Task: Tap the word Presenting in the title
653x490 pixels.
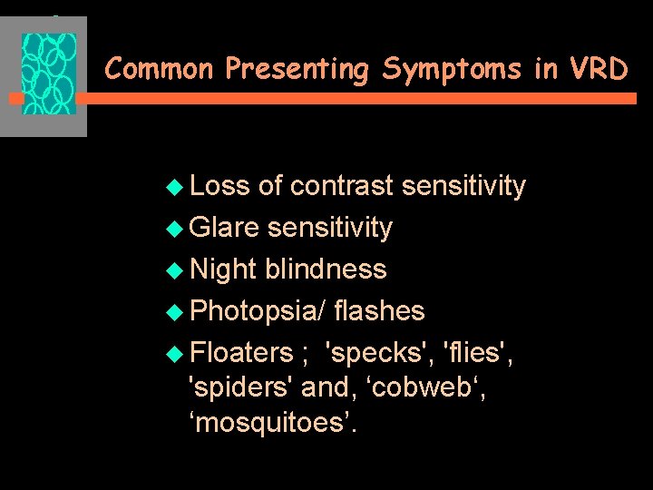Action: pyautogui.click(x=296, y=69)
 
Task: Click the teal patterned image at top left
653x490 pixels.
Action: pyautogui.click(x=49, y=75)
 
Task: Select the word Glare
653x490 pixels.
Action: pyautogui.click(x=226, y=228)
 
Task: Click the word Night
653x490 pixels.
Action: pyautogui.click(x=224, y=269)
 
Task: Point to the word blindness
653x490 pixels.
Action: pyautogui.click(x=326, y=269)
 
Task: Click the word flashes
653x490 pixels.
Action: pyautogui.click(x=379, y=311)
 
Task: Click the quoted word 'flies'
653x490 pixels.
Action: pyautogui.click(x=481, y=352)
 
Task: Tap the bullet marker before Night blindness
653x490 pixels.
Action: pyautogui.click(x=177, y=270)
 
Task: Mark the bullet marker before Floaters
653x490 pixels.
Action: pyautogui.click(x=177, y=353)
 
